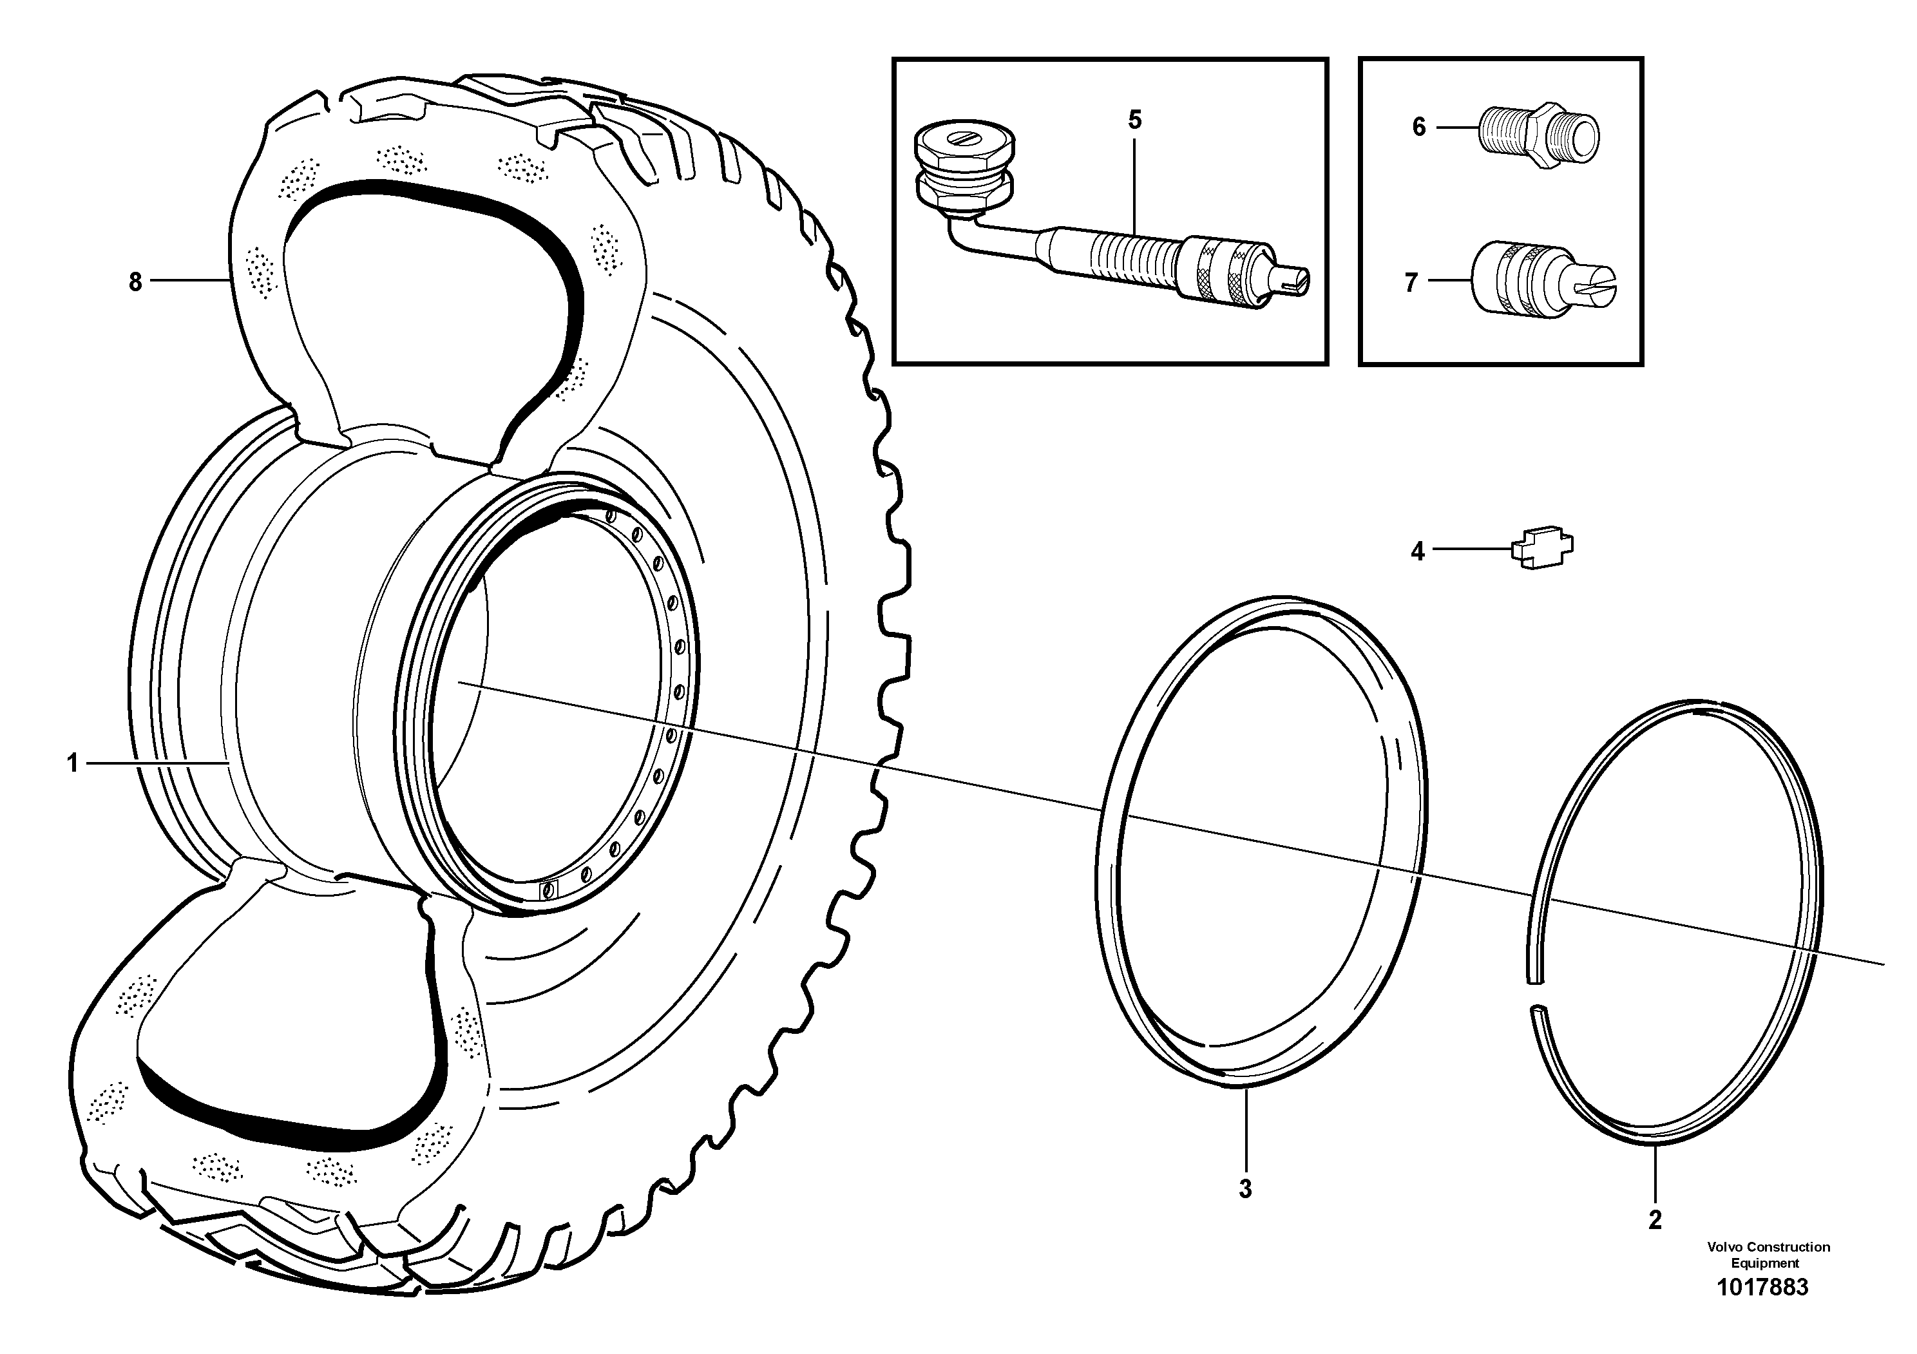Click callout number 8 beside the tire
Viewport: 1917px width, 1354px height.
click(135, 282)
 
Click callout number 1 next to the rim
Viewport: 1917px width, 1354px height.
click(73, 762)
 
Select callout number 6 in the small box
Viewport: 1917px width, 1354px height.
click(1418, 127)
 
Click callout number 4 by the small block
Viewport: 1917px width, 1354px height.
click(1417, 551)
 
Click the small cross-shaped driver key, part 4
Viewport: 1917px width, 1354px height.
click(1541, 548)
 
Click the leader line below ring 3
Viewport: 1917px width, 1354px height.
click(1245, 1131)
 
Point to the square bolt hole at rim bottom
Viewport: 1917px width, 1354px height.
click(549, 889)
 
